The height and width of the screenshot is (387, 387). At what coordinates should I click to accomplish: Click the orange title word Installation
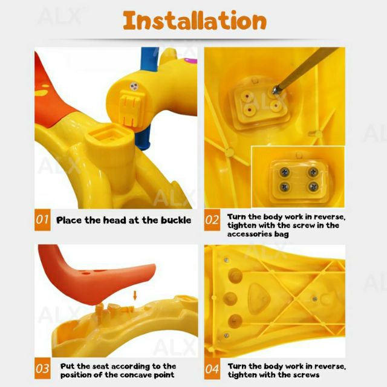point(195,21)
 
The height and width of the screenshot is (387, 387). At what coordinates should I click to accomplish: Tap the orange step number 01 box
point(42,220)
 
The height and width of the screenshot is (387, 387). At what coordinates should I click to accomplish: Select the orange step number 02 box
point(212,220)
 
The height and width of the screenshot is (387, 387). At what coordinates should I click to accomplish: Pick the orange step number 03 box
point(42,368)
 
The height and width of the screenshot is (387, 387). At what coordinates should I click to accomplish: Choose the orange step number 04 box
point(212,368)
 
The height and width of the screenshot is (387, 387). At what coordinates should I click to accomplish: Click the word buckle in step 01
point(176,220)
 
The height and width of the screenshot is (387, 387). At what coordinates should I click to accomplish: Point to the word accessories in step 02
point(250,234)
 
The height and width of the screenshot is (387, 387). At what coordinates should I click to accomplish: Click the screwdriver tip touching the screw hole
point(275,91)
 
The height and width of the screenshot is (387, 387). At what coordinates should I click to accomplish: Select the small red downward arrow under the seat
point(135,295)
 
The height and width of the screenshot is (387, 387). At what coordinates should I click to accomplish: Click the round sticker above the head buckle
point(134,86)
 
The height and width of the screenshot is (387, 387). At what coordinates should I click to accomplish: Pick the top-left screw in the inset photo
point(285,172)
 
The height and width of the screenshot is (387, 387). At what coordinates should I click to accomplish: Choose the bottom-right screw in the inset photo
point(313,187)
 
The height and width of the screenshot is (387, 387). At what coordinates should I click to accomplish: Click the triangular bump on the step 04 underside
point(259,299)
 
